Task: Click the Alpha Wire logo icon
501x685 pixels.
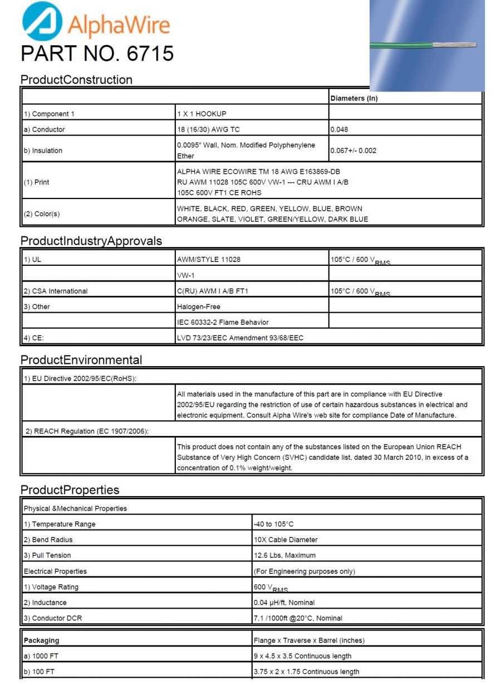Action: click(42, 21)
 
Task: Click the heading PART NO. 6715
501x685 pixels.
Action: click(97, 54)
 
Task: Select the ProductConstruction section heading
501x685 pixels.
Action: click(76, 80)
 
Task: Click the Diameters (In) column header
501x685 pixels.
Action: click(354, 98)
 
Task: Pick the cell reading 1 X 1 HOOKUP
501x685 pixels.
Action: click(202, 114)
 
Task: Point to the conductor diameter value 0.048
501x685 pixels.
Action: click(340, 129)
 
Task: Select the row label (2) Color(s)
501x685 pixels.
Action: click(41, 214)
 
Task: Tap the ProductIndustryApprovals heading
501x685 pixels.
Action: click(91, 241)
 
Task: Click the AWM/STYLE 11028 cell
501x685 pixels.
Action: click(208, 259)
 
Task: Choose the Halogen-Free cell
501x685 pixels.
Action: click(198, 307)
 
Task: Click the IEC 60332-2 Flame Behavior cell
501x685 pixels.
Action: click(223, 322)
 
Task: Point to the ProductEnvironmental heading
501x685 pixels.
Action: click(81, 360)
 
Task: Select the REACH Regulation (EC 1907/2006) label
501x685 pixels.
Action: click(87, 431)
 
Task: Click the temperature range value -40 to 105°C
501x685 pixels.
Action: click(273, 524)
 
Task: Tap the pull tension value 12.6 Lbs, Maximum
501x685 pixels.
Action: click(284, 555)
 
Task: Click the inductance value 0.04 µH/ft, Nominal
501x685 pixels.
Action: click(284, 603)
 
